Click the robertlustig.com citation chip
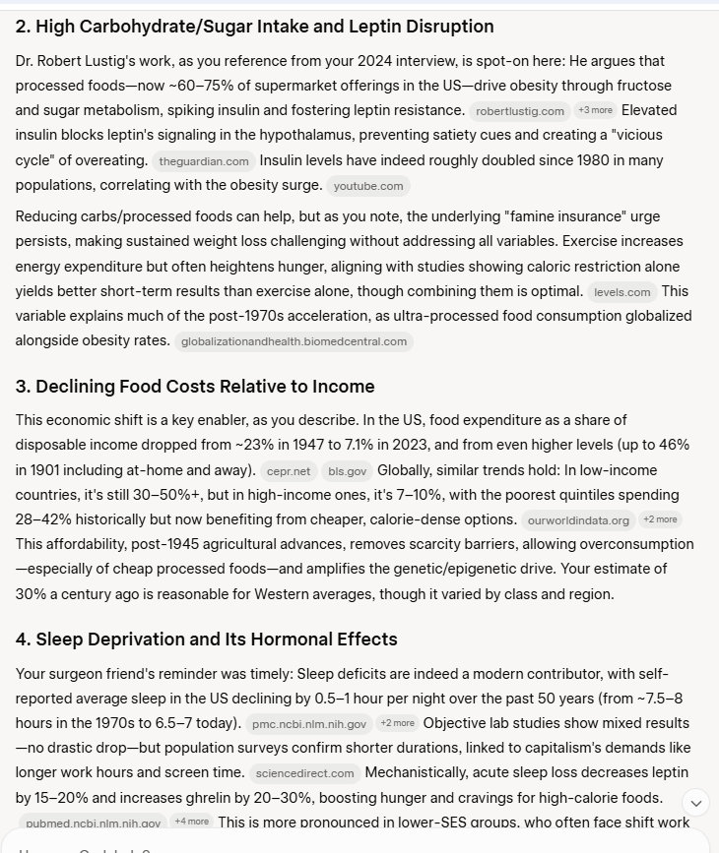click(520, 111)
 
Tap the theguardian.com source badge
click(204, 160)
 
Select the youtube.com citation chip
click(368, 185)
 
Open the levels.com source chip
click(624, 292)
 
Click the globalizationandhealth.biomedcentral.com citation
click(294, 341)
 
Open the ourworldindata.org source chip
click(578, 519)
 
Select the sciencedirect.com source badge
click(302, 773)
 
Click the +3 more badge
click(596, 110)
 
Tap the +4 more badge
click(190, 822)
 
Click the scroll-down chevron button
click(695, 802)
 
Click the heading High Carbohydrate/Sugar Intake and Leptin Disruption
click(254, 27)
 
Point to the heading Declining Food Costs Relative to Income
click(195, 386)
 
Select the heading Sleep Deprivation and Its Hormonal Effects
click(206, 640)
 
